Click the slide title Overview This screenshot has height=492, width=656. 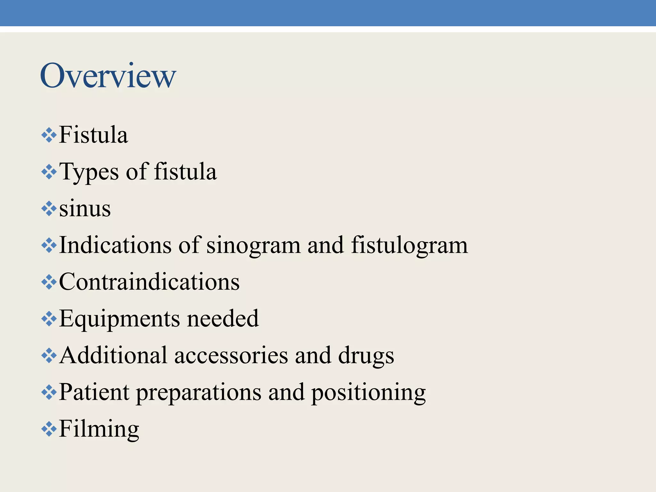click(x=108, y=76)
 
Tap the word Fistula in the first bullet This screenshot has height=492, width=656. click(x=93, y=135)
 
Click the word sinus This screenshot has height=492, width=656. click(x=85, y=209)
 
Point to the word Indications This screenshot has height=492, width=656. click(x=115, y=245)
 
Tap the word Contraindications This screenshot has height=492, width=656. click(x=149, y=282)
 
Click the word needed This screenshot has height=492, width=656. click(x=223, y=319)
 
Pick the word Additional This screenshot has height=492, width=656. click(x=113, y=356)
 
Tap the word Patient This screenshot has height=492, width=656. click(x=94, y=392)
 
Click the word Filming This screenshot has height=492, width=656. click(x=99, y=429)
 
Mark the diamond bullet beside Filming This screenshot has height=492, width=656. click(x=49, y=429)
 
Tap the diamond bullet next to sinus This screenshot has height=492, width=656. click(x=49, y=209)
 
